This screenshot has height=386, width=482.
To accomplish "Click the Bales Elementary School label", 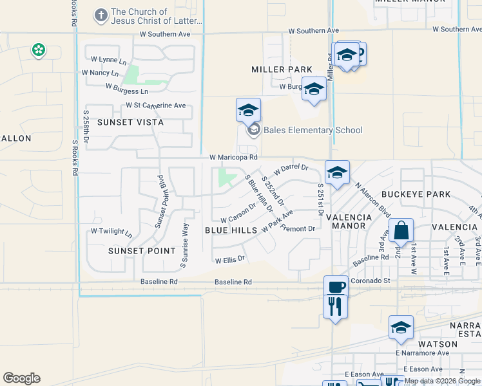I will (313, 131).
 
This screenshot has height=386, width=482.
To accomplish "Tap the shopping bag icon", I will (401, 231).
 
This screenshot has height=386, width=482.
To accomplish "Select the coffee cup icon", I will (335, 286).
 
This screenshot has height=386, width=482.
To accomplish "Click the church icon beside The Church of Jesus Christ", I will (101, 15).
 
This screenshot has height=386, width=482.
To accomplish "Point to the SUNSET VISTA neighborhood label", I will (130, 122).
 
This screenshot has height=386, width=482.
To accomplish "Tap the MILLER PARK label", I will (282, 69).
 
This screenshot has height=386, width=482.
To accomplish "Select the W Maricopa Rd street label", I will (233, 157).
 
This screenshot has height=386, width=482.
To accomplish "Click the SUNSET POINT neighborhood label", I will (142, 251).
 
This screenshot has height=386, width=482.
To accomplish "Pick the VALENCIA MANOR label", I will (349, 222).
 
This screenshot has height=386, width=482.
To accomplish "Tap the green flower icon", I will (39, 50).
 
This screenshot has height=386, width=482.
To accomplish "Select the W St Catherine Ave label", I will (155, 106).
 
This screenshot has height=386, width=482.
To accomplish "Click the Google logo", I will (21, 378).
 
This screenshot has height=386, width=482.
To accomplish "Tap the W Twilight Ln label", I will (111, 231).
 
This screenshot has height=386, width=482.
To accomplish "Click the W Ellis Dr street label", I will (230, 259).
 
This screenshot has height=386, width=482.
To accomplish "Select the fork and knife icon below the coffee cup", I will (335, 306).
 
